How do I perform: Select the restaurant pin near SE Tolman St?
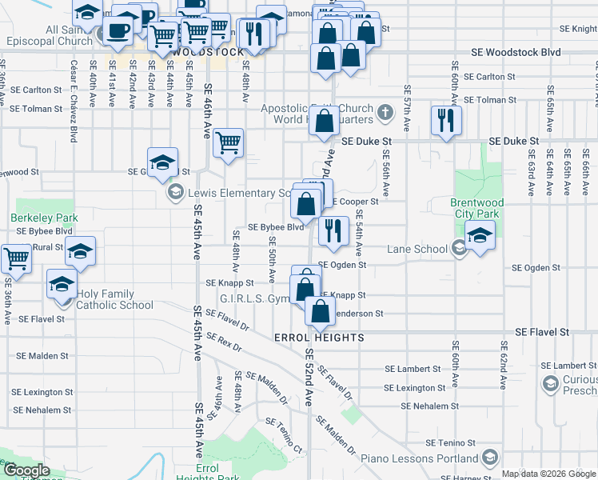pyautogui.click(x=445, y=121)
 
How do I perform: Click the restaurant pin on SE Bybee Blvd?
pyautogui.click(x=333, y=230)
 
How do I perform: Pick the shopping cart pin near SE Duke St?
pyautogui.click(x=229, y=143)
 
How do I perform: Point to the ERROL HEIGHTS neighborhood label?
pyautogui.click(x=319, y=338)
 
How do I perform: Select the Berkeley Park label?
pyautogui.click(x=34, y=218)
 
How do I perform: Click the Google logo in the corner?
pyautogui.click(x=26, y=471)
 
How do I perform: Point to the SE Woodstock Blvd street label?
pyautogui.click(x=516, y=53)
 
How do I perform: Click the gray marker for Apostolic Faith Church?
pyautogui.click(x=385, y=111)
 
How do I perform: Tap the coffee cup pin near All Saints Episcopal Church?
pyautogui.click(x=118, y=31)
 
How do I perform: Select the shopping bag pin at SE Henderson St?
pyautogui.click(x=320, y=311)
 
